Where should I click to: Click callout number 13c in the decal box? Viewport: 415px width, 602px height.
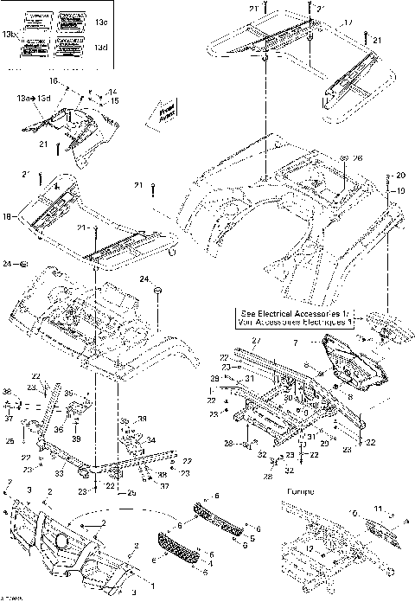(x=100, y=20)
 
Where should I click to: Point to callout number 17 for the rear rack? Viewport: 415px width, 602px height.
(x=324, y=22)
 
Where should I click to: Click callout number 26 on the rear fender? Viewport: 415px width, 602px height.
(x=358, y=158)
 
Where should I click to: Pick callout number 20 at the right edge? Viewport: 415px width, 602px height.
(x=399, y=176)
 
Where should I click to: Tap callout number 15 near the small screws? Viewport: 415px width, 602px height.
(x=113, y=100)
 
